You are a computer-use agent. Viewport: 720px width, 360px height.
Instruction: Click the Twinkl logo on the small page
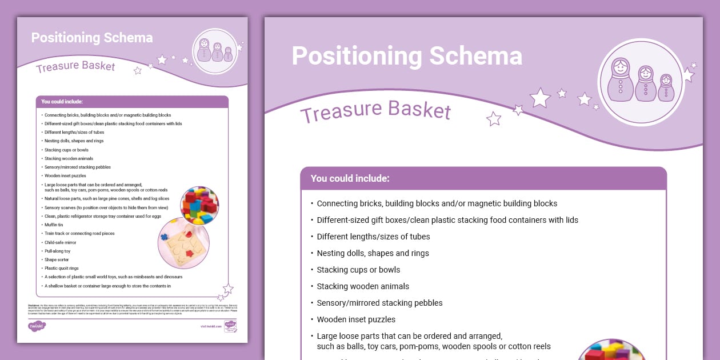pyautogui.click(x=37, y=326)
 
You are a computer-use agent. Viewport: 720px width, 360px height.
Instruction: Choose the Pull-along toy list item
pyautogui.click(x=58, y=251)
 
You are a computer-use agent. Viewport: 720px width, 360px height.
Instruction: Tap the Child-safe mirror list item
pyautogui.click(x=60, y=242)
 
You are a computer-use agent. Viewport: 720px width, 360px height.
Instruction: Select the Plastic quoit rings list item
pyautogui.click(x=61, y=268)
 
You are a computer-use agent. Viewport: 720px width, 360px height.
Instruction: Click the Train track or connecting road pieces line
pyautogui.click(x=79, y=234)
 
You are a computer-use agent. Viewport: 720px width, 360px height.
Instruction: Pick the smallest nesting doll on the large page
pyautogui.click(x=666, y=88)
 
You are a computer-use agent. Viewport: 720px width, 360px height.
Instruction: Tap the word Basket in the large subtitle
pyautogui.click(x=420, y=109)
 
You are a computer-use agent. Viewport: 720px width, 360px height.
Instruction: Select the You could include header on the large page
pyautogui.click(x=350, y=178)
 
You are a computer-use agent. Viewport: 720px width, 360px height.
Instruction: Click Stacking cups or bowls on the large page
pyautogui.click(x=358, y=270)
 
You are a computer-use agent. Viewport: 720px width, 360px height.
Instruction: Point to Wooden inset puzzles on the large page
pyautogui.click(x=356, y=319)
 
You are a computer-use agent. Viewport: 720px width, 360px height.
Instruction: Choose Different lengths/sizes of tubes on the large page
pyautogui.click(x=373, y=237)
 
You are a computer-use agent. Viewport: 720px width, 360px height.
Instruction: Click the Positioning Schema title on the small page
pyautogui.click(x=92, y=38)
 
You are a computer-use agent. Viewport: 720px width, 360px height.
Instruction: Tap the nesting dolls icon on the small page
pyautogui.click(x=215, y=51)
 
